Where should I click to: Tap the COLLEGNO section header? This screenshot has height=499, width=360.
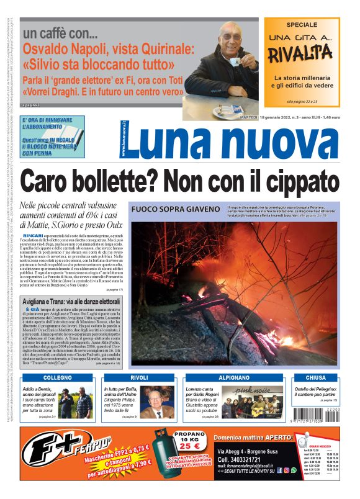tap(58, 377)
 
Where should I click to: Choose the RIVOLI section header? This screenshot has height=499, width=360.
tap(139, 377)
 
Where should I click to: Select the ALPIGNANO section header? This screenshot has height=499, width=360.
tap(220, 377)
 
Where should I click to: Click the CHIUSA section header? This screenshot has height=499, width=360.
tap(315, 377)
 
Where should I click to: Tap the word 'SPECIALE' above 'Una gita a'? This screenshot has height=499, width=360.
tap(301, 25)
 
